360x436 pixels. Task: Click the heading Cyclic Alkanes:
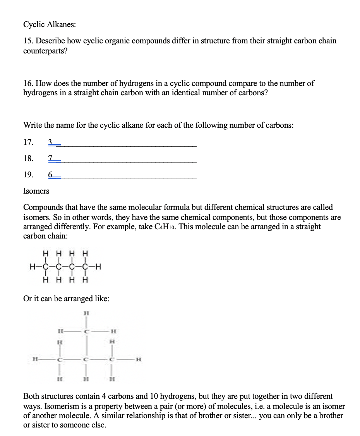click(50, 24)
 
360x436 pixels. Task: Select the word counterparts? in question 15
click(45, 51)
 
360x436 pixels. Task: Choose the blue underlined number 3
click(50, 142)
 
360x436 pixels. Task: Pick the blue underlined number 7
click(50, 158)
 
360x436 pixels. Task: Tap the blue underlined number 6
click(50, 175)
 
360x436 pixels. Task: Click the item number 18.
click(28, 158)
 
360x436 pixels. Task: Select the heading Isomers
click(36, 191)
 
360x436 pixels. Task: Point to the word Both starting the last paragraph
click(32, 397)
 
